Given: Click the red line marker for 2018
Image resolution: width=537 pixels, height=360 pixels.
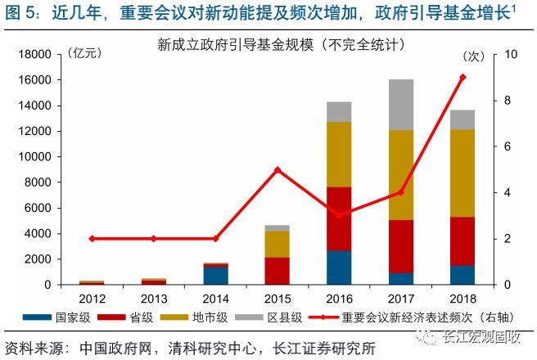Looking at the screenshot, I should [463, 77].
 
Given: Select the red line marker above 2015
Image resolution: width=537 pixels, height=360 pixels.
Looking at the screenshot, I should [277, 169].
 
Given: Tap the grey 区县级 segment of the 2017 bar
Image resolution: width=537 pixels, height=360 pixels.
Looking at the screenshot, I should [400, 105].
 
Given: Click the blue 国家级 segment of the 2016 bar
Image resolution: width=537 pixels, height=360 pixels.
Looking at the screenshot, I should [339, 268].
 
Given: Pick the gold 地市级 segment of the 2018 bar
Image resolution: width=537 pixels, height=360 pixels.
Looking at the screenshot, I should [463, 173].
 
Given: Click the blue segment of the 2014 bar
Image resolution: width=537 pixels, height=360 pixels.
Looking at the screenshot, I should [215, 275].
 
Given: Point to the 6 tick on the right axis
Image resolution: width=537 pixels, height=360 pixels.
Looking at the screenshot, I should [509, 146].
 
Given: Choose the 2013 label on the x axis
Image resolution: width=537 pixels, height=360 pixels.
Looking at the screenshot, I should [153, 298].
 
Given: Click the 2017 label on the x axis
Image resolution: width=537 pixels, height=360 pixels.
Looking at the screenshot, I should [400, 298].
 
